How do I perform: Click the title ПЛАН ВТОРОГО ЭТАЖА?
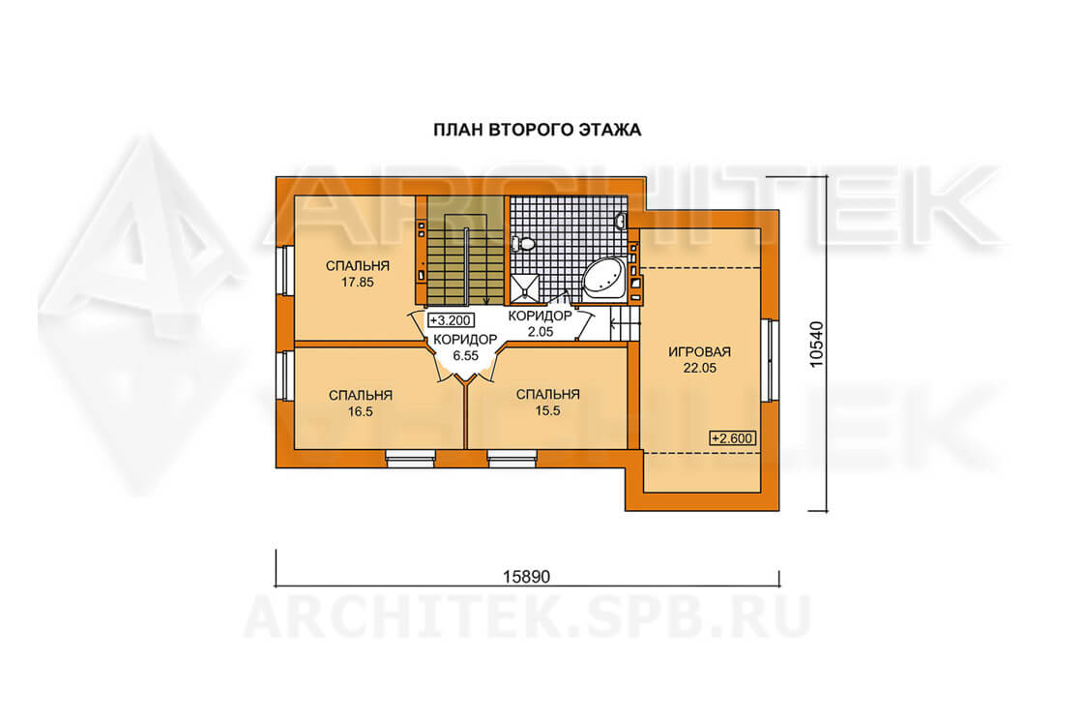[537, 130]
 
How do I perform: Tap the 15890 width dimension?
[526, 577]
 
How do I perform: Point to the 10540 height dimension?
[816, 345]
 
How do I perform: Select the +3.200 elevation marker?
[451, 320]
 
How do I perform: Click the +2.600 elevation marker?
[733, 438]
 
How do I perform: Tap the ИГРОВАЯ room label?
[699, 352]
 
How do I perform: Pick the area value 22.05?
[700, 369]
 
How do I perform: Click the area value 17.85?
[358, 282]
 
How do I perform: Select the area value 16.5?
[361, 412]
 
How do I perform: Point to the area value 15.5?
[547, 410]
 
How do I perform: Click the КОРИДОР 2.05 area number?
[541, 332]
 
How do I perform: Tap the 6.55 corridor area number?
[465, 356]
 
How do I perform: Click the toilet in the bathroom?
[523, 243]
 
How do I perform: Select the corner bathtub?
[603, 280]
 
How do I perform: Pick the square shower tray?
[526, 288]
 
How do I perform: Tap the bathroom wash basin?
[621, 222]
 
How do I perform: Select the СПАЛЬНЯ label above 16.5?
[361, 395]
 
